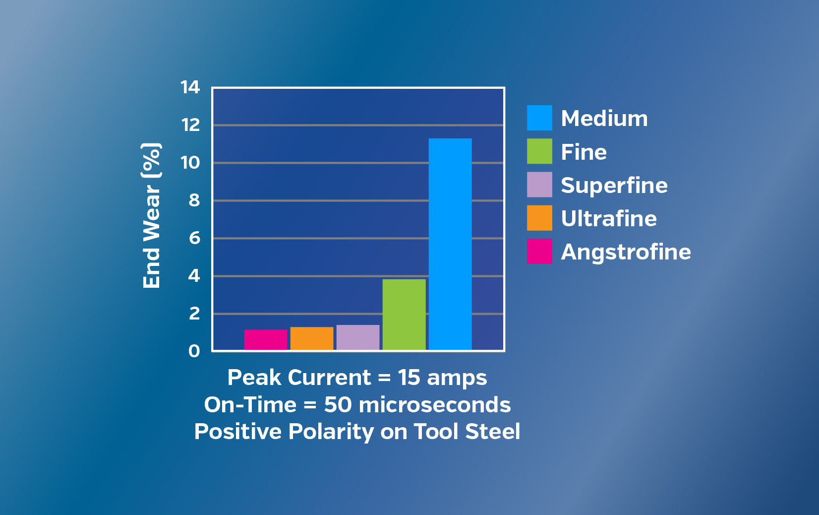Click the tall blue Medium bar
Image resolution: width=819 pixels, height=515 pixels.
pos(450,244)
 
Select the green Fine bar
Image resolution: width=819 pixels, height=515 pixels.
pos(404,315)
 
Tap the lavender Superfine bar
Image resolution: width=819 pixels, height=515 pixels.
pos(358,337)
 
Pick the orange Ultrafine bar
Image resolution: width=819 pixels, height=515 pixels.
pos(312,338)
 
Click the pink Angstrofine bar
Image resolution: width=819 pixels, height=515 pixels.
pos(266,340)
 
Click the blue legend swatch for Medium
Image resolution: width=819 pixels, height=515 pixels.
pos(540,118)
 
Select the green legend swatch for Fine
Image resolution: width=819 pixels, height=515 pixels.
pos(540,151)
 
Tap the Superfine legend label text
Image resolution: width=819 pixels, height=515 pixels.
pos(614,185)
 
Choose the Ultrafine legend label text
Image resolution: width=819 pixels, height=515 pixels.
pos(609,218)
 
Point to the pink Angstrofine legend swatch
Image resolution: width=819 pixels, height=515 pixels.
pos(540,251)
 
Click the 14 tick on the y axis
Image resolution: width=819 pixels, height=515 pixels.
pos(190,87)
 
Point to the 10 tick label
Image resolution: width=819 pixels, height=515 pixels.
pos(190,163)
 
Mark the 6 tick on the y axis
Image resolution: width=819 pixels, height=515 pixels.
pos(194,238)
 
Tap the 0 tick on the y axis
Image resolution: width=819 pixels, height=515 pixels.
pos(194,351)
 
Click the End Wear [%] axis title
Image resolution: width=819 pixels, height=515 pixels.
pos(151,216)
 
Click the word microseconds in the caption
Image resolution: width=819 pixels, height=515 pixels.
pos(435,405)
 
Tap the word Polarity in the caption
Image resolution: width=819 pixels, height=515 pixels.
pos(331,432)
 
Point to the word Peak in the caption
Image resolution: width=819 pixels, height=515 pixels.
pos(254,378)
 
